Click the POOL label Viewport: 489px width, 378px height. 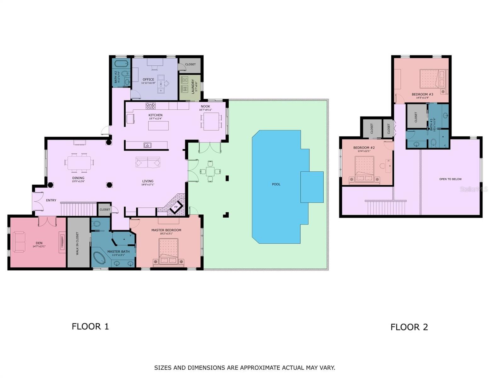pyautogui.click(x=276, y=184)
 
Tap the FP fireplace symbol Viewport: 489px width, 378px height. pyautogui.click(x=176, y=207)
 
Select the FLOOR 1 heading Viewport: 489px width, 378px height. pyautogui.click(x=90, y=326)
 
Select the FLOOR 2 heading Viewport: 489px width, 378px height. pyautogui.click(x=409, y=327)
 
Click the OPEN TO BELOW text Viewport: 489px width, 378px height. pyautogui.click(x=450, y=179)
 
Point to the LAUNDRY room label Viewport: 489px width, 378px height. pyautogui.click(x=193, y=86)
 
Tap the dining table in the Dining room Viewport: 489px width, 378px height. pyautogui.click(x=79, y=163)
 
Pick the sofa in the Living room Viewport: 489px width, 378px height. pyautogui.click(x=148, y=162)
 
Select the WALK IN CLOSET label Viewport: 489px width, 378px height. pyautogui.click(x=77, y=243)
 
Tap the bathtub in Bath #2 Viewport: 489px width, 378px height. pyautogui.click(x=121, y=64)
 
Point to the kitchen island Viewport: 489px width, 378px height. pyautogui.click(x=158, y=126)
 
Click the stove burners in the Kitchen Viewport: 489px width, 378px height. pyautogui.click(x=150, y=106)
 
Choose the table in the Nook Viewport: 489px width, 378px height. pyautogui.click(x=211, y=121)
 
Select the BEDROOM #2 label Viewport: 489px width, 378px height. pyautogui.click(x=364, y=148)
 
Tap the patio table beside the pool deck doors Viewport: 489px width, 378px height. pyautogui.click(x=210, y=172)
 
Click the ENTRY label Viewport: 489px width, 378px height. pyautogui.click(x=51, y=200)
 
